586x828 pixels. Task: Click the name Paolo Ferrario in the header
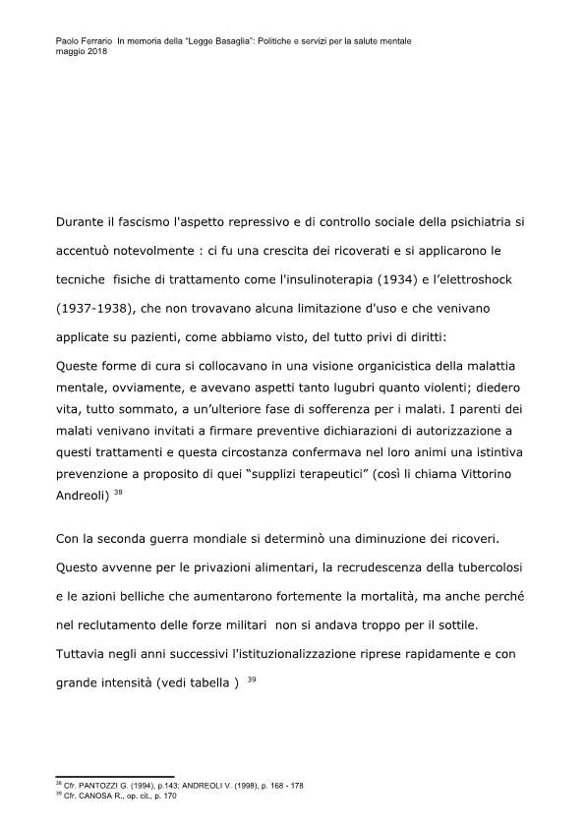point(78,40)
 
